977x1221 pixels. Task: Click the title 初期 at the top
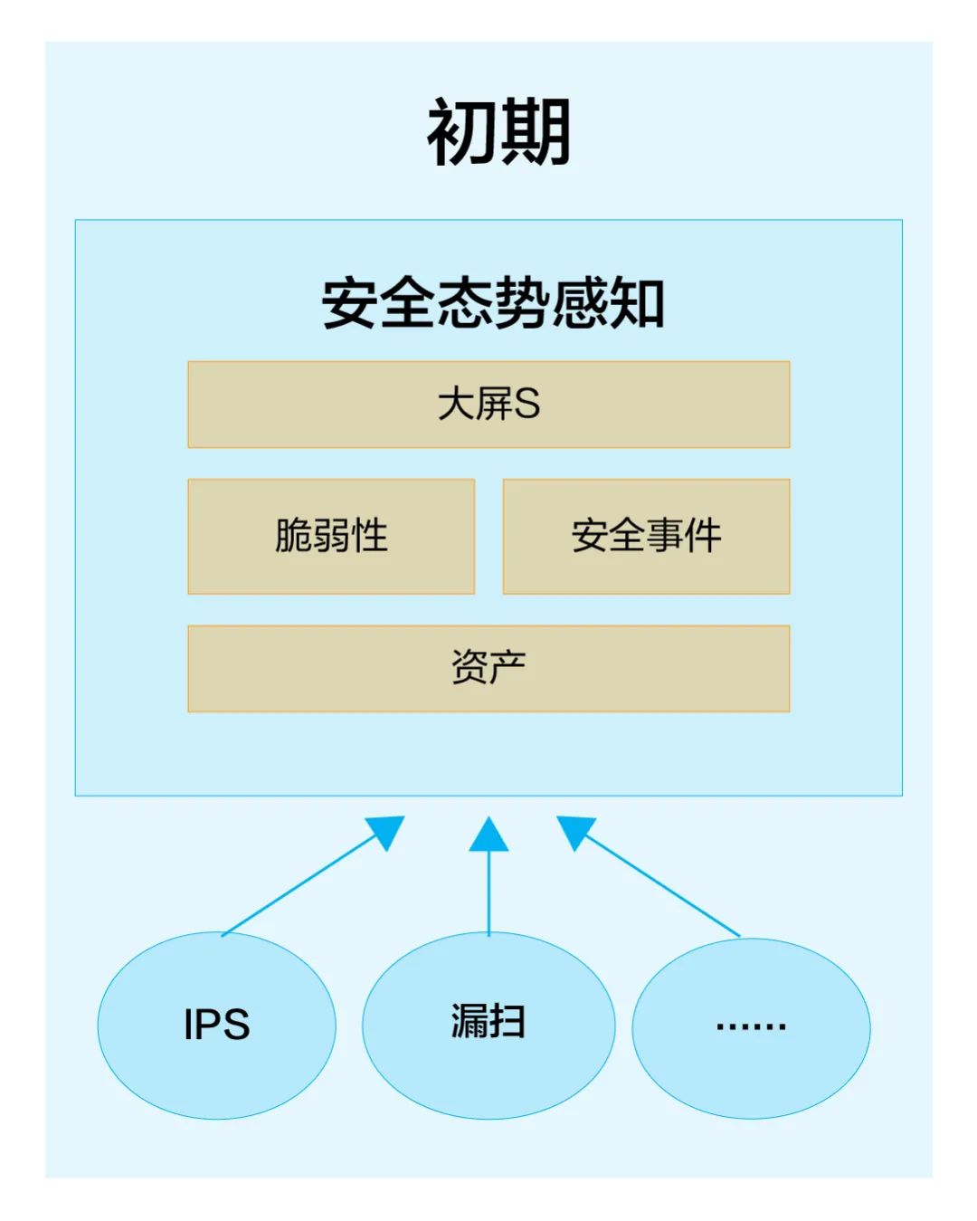(498, 132)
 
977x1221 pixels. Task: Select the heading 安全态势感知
(493, 303)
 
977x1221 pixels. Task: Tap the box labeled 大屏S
(488, 405)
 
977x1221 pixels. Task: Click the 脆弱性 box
(331, 536)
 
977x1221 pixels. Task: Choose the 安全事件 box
(646, 536)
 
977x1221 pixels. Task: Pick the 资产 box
(488, 668)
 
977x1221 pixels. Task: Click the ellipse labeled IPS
(216, 1025)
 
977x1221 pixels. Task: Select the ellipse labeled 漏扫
(488, 1025)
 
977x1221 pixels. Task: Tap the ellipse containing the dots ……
(751, 1027)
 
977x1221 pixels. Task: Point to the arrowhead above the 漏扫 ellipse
(488, 835)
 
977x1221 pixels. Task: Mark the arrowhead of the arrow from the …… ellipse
(575, 830)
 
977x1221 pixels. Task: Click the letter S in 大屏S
(526, 405)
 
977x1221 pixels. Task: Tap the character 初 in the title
(461, 132)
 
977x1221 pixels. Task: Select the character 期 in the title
(536, 132)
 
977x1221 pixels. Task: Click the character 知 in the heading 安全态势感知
(637, 303)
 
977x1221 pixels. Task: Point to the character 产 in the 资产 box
(508, 668)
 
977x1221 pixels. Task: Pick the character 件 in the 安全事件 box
(703, 536)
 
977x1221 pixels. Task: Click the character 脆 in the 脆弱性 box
(293, 536)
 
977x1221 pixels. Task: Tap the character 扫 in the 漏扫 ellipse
(508, 1022)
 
